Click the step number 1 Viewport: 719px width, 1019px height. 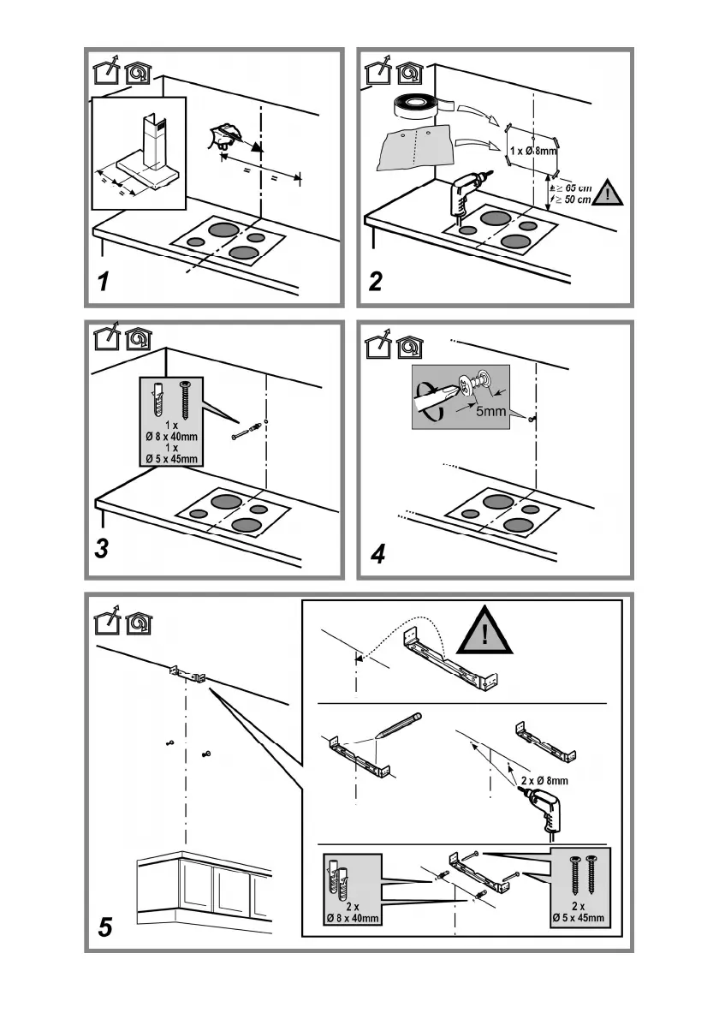[x=104, y=282]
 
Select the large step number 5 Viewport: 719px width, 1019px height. [x=105, y=927]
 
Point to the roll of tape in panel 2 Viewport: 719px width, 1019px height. [x=419, y=105]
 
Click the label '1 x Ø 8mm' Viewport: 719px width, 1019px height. [x=532, y=152]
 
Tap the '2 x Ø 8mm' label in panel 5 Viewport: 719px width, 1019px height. [x=544, y=781]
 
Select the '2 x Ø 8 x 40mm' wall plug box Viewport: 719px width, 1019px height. [x=352, y=891]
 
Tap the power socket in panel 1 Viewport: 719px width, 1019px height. [x=225, y=137]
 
